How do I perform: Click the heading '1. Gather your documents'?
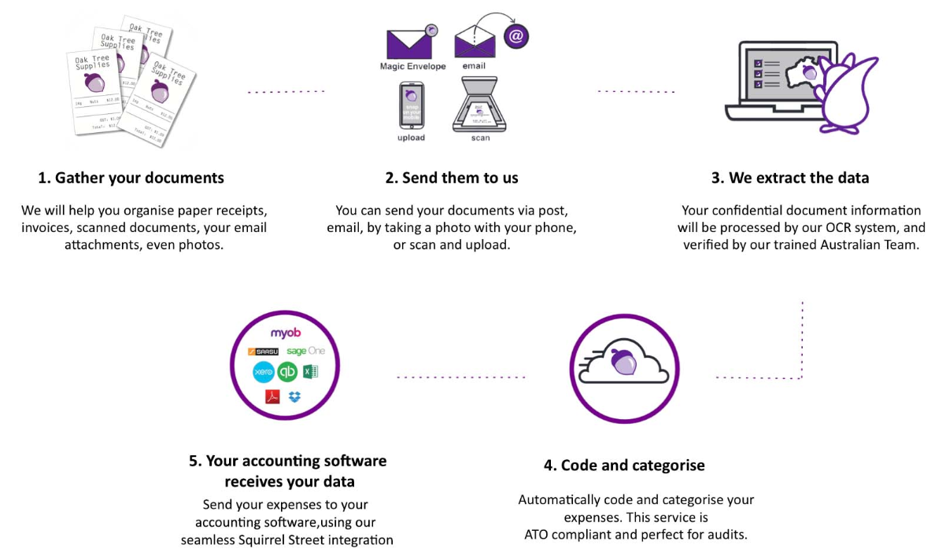pyautogui.click(x=131, y=178)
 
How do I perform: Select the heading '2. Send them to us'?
pyautogui.click(x=452, y=178)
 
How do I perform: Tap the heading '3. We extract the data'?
pyautogui.click(x=790, y=178)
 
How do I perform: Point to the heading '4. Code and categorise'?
pyautogui.click(x=624, y=466)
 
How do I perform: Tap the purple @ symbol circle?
pyautogui.click(x=516, y=36)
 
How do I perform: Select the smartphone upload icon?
pyautogui.click(x=412, y=105)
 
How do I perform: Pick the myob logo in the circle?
pyautogui.click(x=285, y=333)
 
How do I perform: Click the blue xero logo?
pyautogui.click(x=264, y=371)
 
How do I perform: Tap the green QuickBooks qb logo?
pyautogui.click(x=287, y=371)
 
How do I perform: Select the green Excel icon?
pyautogui.click(x=310, y=371)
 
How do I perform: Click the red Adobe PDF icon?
pyautogui.click(x=272, y=396)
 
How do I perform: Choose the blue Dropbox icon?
pyautogui.click(x=295, y=396)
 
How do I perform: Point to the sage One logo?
pyautogui.click(x=305, y=351)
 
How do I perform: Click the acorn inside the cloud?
pyautogui.click(x=625, y=361)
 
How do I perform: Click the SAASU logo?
pyautogui.click(x=263, y=351)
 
